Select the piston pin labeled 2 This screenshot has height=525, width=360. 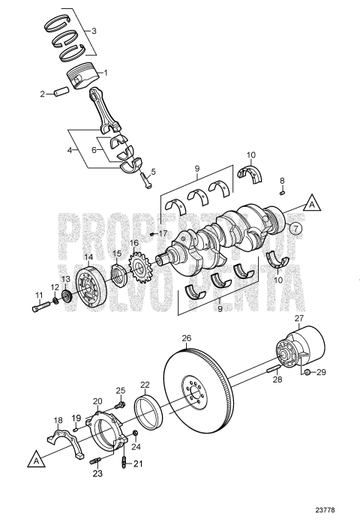click(x=58, y=94)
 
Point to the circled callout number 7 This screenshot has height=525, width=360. click(x=296, y=227)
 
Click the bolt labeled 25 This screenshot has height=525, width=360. click(x=121, y=403)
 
